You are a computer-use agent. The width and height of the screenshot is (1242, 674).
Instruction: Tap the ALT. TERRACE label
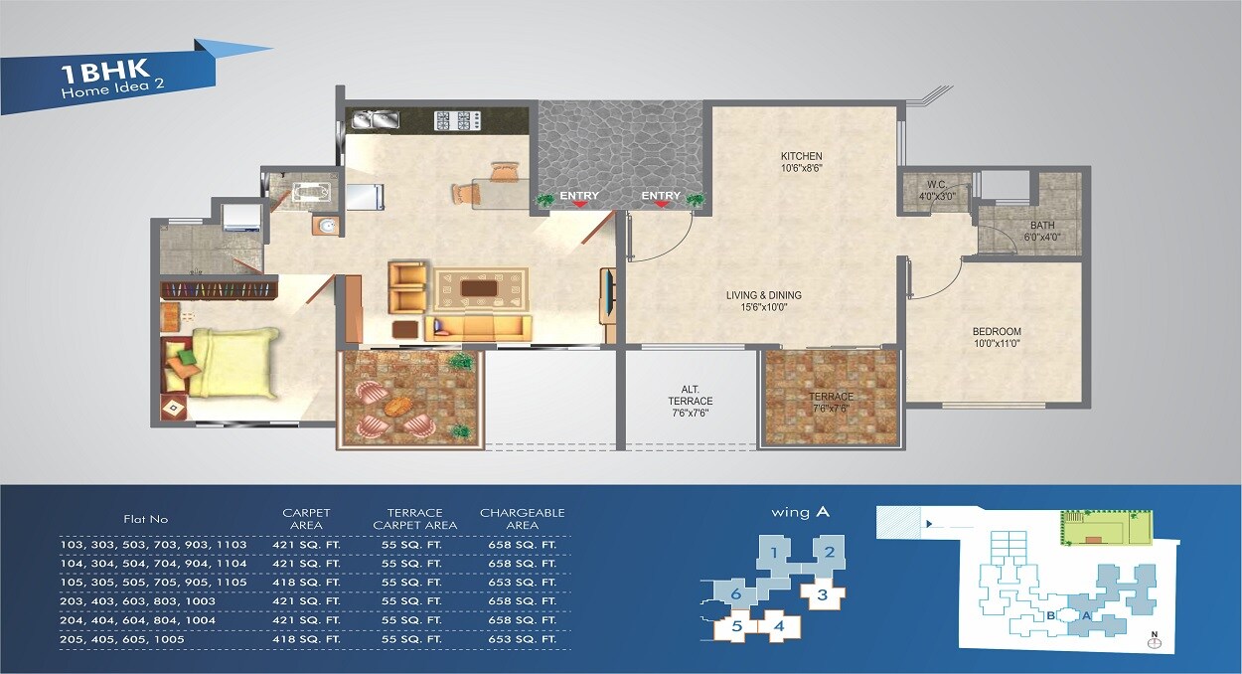coord(690,396)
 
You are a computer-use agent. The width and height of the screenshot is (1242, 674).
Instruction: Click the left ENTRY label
coord(578,196)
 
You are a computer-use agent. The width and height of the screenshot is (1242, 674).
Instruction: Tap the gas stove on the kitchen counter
coord(457,120)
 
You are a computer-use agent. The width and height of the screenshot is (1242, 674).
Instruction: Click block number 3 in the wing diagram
coord(821,595)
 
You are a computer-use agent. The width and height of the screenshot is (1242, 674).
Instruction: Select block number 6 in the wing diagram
coord(735,593)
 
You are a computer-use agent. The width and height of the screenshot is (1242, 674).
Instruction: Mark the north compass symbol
coord(1154,640)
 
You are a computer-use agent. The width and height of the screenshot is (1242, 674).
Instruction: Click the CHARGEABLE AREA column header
coord(522,519)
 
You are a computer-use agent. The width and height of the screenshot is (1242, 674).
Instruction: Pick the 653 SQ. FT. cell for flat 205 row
coord(522,639)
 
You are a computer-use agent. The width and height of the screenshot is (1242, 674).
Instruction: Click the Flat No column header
coord(146,519)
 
